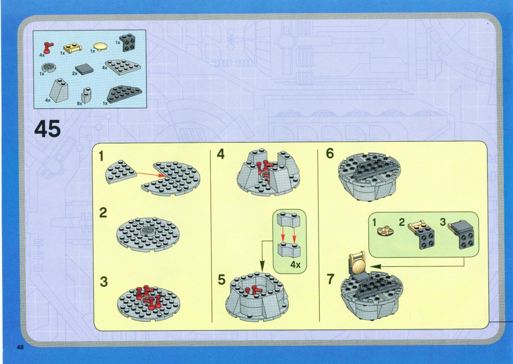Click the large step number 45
(47, 129)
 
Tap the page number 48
(21, 347)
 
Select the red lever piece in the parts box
(49, 48)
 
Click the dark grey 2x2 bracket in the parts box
(128, 43)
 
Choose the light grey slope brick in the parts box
(59, 90)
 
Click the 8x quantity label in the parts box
(80, 103)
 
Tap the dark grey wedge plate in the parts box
(124, 94)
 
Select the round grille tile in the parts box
(49, 67)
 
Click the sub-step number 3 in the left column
(104, 281)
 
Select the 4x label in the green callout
(295, 264)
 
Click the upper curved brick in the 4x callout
(289, 220)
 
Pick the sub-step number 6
(330, 153)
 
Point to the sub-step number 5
(222, 280)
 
